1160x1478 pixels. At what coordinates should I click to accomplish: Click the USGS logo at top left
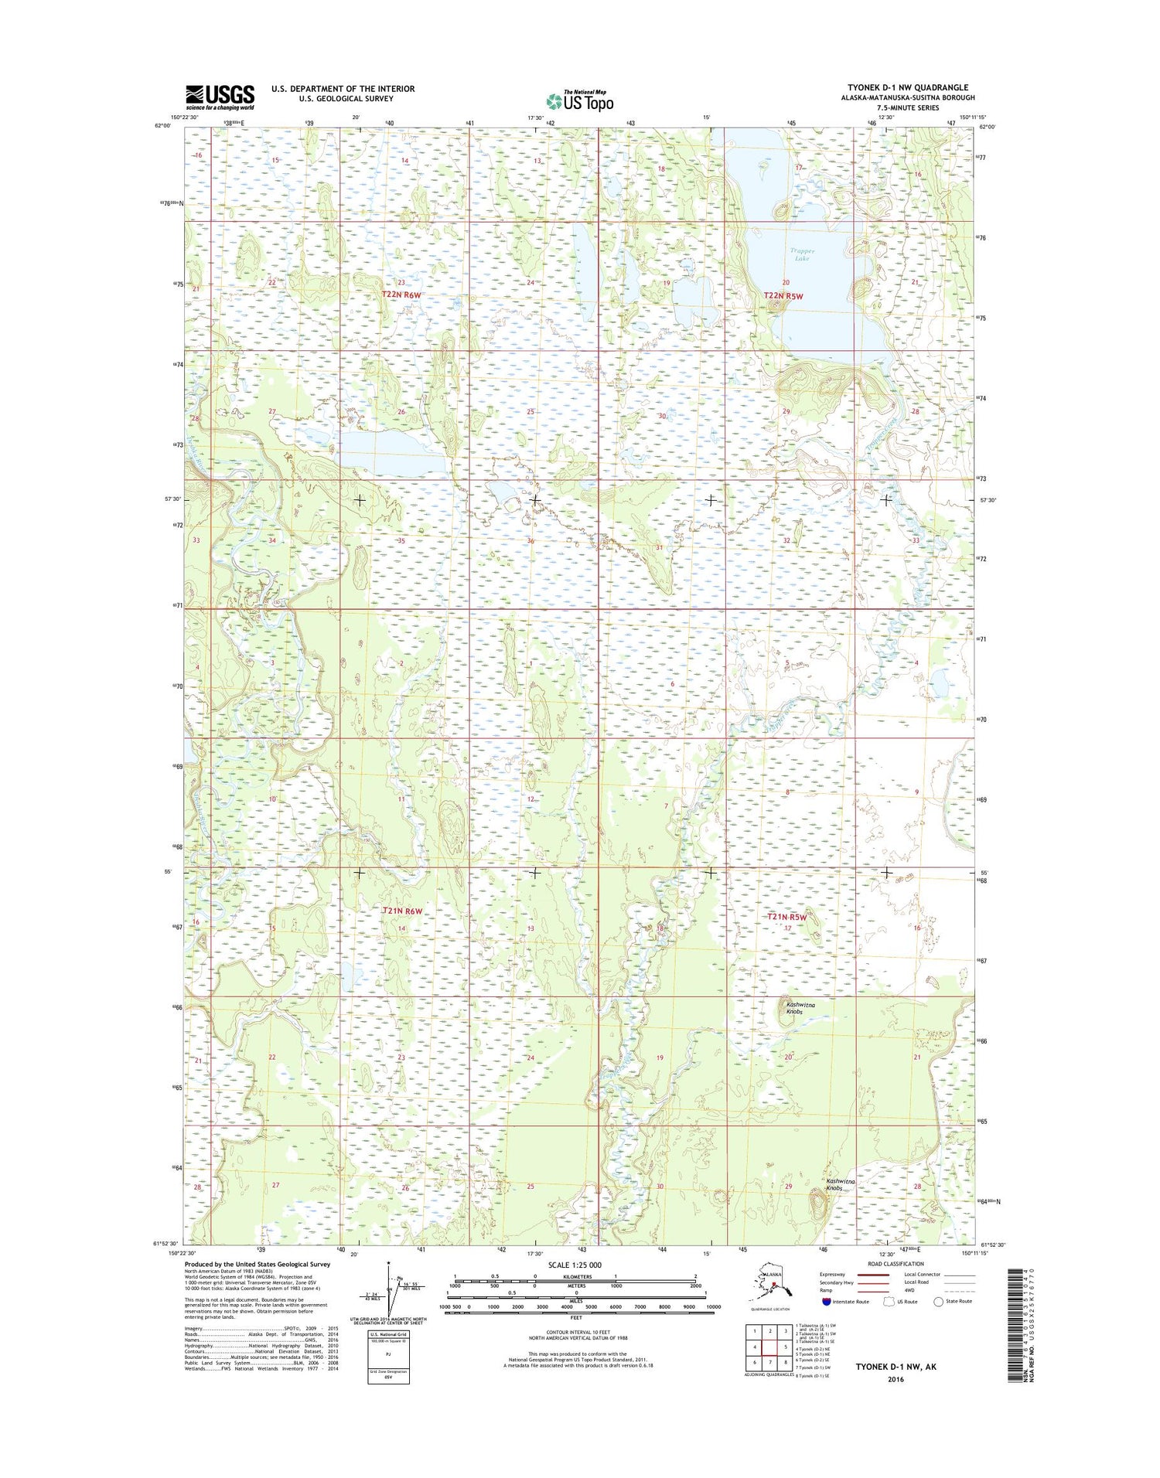click(x=219, y=97)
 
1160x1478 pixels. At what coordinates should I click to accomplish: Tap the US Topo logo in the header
click(x=580, y=100)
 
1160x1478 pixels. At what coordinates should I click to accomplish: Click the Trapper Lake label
click(x=801, y=254)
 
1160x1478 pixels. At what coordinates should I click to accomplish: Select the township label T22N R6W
click(x=402, y=295)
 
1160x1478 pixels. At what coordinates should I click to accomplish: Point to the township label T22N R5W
click(x=783, y=296)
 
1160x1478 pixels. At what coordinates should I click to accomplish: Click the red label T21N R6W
click(x=403, y=911)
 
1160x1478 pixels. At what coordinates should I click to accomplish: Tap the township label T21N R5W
click(x=786, y=917)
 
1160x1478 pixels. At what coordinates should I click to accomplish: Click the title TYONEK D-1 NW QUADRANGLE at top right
click(x=908, y=87)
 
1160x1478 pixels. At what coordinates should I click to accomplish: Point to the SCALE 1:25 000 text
click(x=574, y=1265)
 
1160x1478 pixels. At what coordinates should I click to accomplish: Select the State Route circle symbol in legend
click(x=938, y=1302)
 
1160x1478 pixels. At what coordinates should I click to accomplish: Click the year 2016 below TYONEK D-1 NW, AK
click(x=896, y=1379)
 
